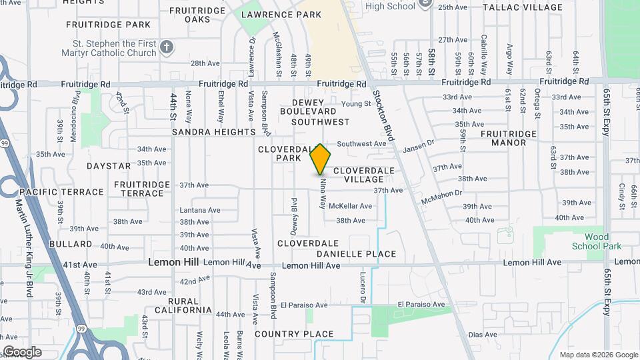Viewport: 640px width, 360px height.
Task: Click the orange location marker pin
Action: tap(321, 159)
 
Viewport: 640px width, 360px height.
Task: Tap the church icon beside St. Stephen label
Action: tap(167, 47)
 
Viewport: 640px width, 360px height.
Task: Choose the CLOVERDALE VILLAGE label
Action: tap(359, 175)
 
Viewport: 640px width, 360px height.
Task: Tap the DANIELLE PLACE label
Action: tap(356, 254)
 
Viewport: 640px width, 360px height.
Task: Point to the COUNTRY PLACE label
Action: tap(294, 334)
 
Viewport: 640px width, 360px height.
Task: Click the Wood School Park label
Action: tap(597, 241)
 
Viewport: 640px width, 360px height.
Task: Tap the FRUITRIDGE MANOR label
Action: tap(509, 138)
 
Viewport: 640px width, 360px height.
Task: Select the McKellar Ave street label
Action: tap(350, 206)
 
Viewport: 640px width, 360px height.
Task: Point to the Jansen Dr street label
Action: tap(419, 144)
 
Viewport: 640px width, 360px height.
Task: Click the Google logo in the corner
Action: tap(22, 352)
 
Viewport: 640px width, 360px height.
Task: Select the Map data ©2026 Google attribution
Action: tap(598, 355)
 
